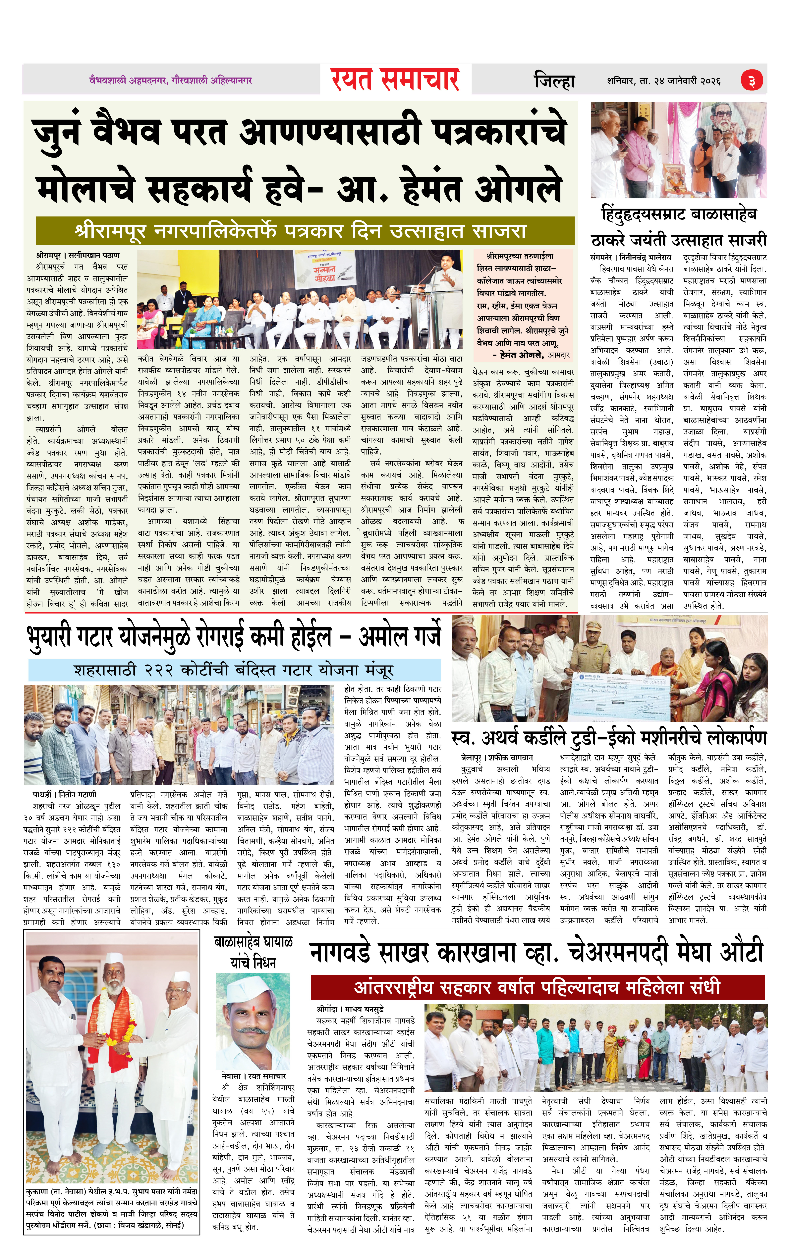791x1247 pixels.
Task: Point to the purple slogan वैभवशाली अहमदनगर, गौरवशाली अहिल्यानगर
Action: tap(170, 80)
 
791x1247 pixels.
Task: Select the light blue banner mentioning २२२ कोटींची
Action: tap(234, 670)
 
